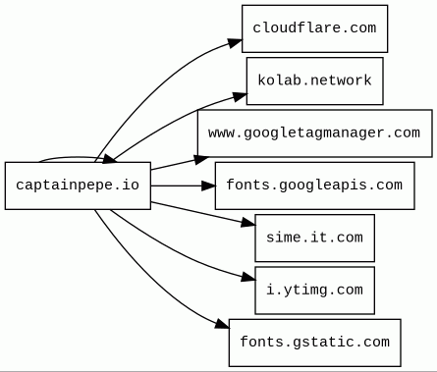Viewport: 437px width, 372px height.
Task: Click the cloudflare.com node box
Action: [314, 28]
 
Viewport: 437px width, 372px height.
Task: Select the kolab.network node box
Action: [314, 80]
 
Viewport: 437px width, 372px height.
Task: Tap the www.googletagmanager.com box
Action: [314, 133]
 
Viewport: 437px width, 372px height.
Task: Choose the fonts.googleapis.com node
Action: [314, 186]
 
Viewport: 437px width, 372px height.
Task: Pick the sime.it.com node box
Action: [314, 238]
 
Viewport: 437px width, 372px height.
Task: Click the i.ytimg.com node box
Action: [314, 291]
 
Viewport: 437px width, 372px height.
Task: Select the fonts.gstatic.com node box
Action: [314, 343]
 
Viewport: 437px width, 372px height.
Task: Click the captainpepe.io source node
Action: [78, 186]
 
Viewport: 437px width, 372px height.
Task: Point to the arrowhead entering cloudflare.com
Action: [236, 43]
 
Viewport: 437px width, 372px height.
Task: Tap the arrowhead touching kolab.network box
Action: [240, 96]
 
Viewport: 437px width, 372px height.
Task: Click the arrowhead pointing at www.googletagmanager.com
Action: [201, 159]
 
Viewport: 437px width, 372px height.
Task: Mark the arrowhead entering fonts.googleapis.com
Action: [209, 186]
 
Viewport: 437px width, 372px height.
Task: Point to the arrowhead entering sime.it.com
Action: [248, 223]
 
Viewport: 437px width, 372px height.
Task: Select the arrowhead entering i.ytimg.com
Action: [248, 278]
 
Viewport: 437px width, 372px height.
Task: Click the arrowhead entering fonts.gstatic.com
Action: [223, 323]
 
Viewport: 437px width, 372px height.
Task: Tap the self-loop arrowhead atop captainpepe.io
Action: [109, 159]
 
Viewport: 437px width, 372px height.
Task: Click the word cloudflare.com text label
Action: [314, 27]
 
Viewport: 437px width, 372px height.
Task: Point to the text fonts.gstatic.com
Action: [314, 343]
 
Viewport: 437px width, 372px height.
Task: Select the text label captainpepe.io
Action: [78, 186]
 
